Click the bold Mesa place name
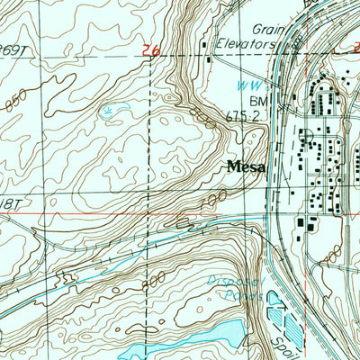(244, 166)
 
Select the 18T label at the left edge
(9, 207)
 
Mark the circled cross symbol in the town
(306, 138)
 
